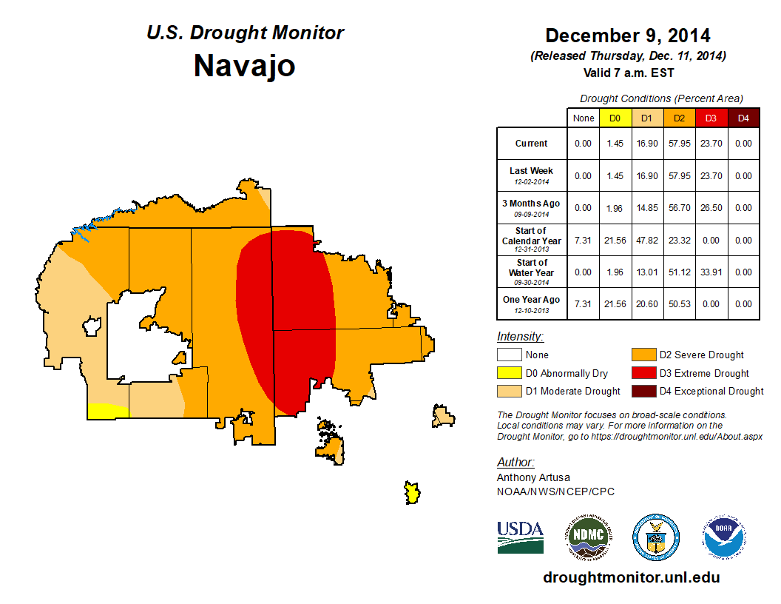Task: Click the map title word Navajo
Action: [x=244, y=65]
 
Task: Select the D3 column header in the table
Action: [x=710, y=118]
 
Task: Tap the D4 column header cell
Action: [x=743, y=118]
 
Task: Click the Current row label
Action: [x=531, y=144]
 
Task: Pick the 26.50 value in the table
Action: [x=710, y=208]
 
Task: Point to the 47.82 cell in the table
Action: [x=646, y=241]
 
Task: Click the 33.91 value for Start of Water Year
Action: [x=710, y=272]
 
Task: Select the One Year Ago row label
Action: [x=531, y=301]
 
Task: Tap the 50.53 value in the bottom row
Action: [x=678, y=304]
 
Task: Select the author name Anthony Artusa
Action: [x=533, y=477]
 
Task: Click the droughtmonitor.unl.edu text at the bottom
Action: [x=631, y=577]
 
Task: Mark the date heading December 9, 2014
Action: [x=627, y=36]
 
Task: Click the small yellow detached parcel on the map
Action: [x=412, y=492]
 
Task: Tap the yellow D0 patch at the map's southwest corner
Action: [x=106, y=410]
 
